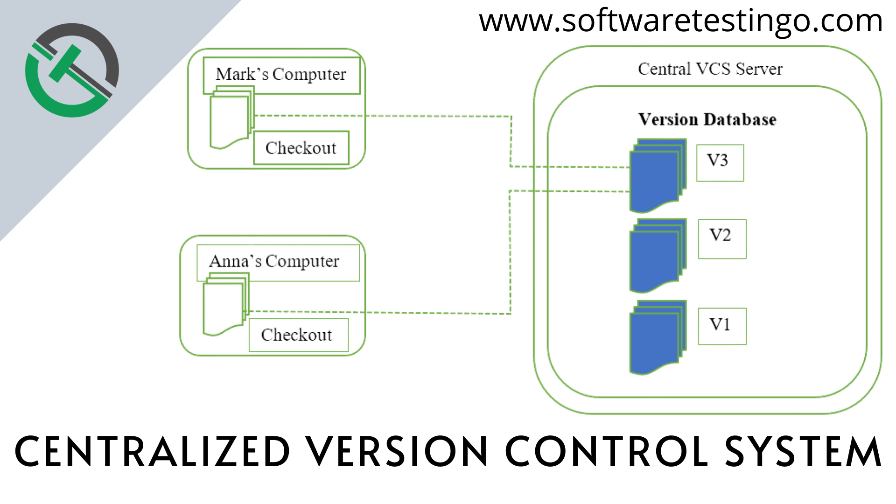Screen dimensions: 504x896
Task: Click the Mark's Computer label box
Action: click(x=281, y=75)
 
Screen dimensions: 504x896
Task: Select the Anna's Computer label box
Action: click(x=278, y=262)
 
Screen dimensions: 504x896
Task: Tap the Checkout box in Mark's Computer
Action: click(x=301, y=148)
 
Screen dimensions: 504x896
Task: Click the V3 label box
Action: click(x=720, y=163)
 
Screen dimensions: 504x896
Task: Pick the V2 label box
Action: click(x=722, y=239)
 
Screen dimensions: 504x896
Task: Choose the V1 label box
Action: click(x=722, y=326)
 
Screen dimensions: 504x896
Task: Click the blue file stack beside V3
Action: click(x=657, y=175)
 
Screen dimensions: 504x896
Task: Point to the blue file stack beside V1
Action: click(x=657, y=337)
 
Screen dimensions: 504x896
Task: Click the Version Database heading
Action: click(x=707, y=119)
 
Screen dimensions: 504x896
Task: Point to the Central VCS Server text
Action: click(x=710, y=69)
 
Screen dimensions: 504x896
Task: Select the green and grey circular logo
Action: click(x=72, y=70)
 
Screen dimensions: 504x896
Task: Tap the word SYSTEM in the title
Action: click(x=803, y=452)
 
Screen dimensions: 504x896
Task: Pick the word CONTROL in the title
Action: click(x=607, y=452)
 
